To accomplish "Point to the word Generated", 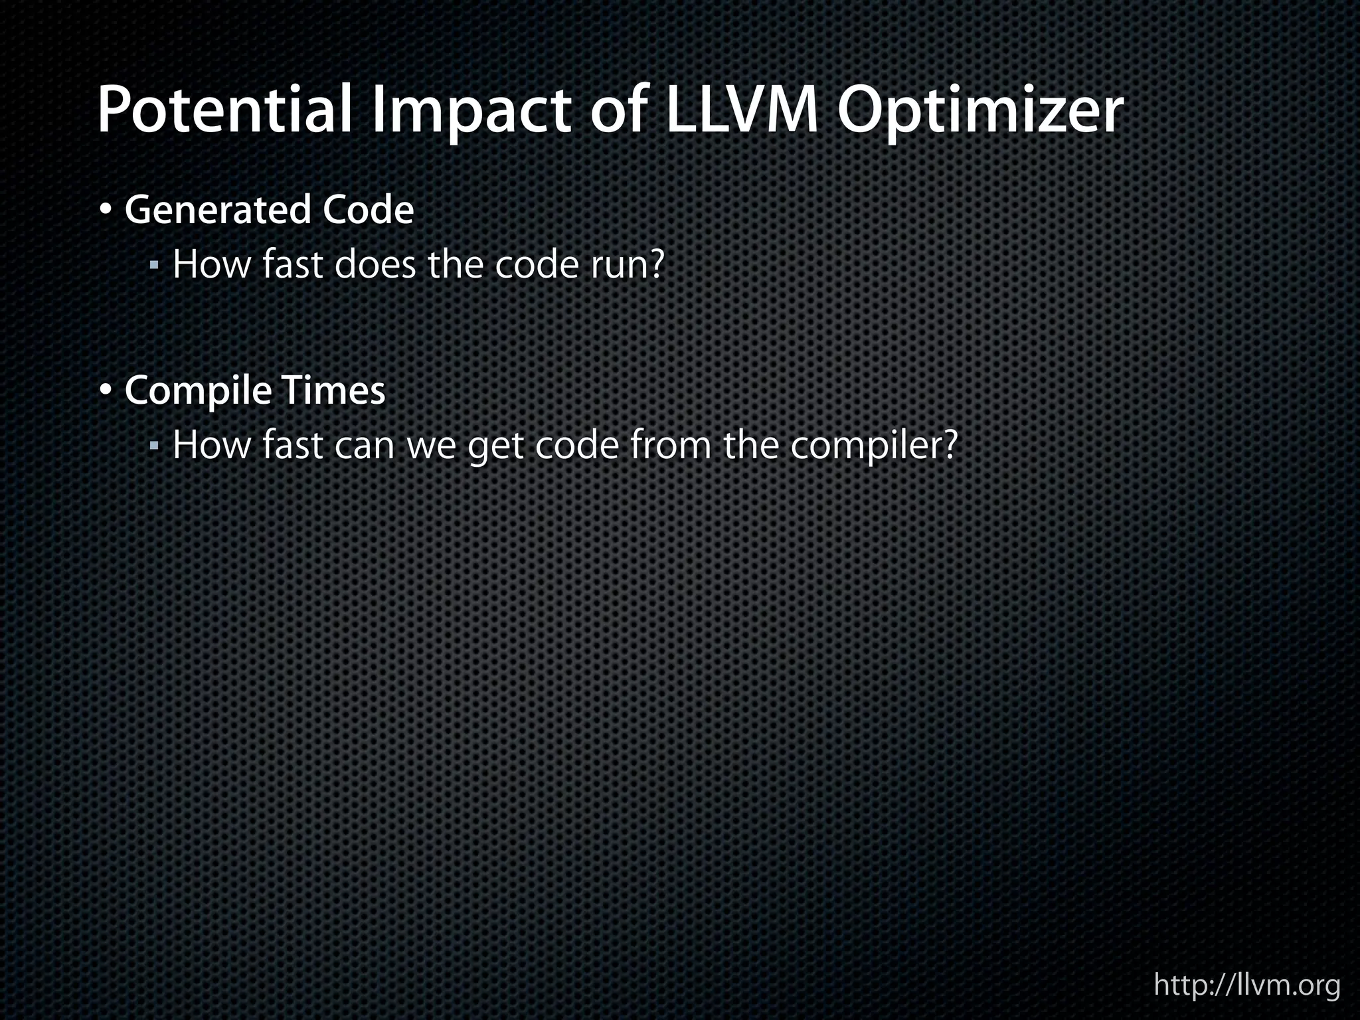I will coord(218,210).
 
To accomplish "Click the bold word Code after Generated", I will coord(368,210).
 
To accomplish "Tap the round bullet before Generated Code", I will coord(106,211).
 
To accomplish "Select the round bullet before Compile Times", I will coord(106,391).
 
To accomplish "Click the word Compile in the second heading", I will coord(198,391).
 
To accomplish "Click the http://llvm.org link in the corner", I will coord(1246,985).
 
